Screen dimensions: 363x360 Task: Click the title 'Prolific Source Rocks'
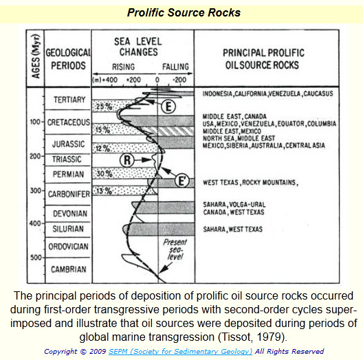(x=184, y=12)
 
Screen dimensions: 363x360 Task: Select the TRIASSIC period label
(x=67, y=159)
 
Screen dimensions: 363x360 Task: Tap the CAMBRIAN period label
(x=69, y=269)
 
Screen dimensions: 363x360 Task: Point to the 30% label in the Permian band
(x=104, y=173)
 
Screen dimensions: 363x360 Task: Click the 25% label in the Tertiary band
(x=104, y=106)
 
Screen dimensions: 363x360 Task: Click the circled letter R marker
(x=127, y=160)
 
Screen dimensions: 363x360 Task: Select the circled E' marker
(x=182, y=181)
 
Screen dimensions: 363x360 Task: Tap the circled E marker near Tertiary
(x=168, y=106)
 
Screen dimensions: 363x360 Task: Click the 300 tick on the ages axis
(x=36, y=190)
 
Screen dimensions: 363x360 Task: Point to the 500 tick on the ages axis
(x=36, y=257)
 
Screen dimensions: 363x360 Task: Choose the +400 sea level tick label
(x=110, y=80)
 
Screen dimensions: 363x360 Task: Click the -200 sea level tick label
(x=179, y=80)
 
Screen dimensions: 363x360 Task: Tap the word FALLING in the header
(x=175, y=67)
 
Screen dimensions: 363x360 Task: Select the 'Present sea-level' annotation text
(x=175, y=249)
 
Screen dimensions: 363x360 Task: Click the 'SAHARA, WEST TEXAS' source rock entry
(x=233, y=229)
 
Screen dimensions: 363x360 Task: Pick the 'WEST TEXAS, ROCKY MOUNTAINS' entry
(x=251, y=182)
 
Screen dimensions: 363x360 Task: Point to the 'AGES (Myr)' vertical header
(x=36, y=56)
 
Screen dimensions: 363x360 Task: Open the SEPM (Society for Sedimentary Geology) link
(x=180, y=352)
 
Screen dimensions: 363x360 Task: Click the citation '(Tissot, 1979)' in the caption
(x=252, y=337)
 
